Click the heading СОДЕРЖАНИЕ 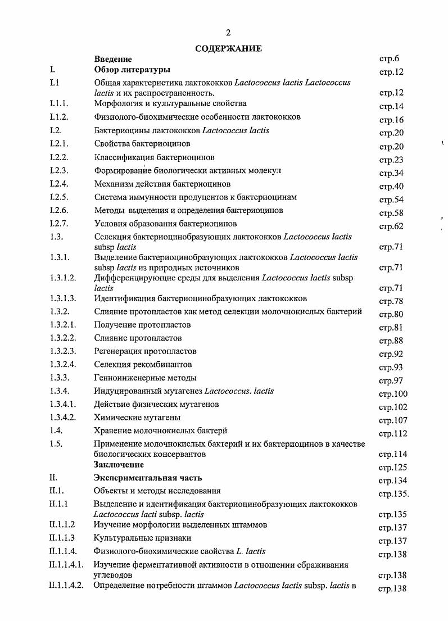(x=228, y=49)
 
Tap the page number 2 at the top (x=228, y=33)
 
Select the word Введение (x=113, y=59)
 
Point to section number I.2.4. (x=58, y=184)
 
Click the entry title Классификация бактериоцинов (x=154, y=157)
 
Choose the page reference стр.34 (x=391, y=173)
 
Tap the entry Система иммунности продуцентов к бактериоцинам (x=196, y=197)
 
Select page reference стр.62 (x=391, y=226)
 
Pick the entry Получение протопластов (x=143, y=325)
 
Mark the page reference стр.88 (x=391, y=341)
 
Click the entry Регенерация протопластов (x=146, y=351)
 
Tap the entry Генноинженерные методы (x=145, y=378)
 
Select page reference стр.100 (x=393, y=394)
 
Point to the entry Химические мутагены (x=137, y=418)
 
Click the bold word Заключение (x=119, y=465)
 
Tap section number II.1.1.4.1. (x=66, y=564)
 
